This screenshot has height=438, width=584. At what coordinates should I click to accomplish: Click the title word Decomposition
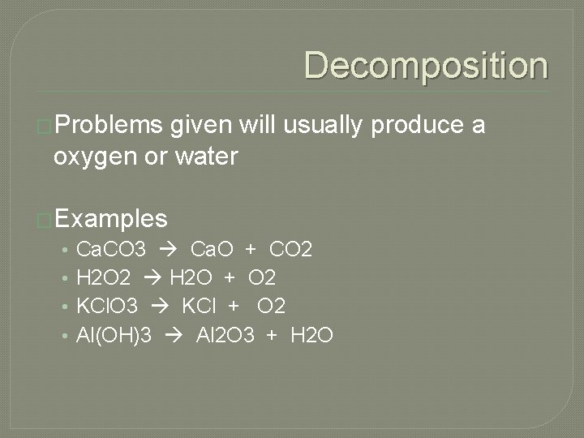point(426,66)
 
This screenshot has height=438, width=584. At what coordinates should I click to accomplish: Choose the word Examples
point(111,218)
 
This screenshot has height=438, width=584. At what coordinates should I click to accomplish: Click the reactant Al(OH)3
point(114,335)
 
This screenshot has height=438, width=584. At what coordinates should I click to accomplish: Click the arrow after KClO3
point(160,307)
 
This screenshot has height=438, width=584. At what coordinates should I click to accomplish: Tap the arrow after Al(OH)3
point(174,335)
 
